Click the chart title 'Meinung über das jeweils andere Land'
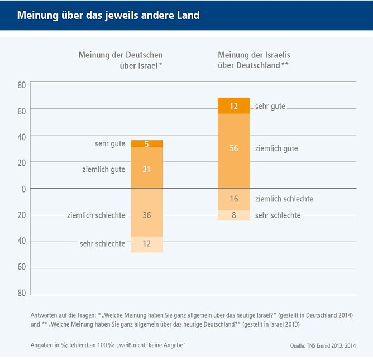(108, 15)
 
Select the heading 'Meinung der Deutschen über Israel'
(121, 60)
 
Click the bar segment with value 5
(147, 143)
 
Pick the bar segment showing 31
(147, 169)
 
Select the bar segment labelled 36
(147, 215)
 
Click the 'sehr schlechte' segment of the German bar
(147, 244)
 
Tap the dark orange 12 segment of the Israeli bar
(234, 105)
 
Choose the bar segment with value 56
(234, 148)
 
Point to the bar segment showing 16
(234, 199)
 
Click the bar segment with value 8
(234, 215)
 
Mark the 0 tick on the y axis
(23, 189)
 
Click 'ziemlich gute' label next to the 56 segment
(276, 148)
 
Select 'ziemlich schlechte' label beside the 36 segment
(96, 215)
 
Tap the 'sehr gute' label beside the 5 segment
(110, 144)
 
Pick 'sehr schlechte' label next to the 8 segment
(278, 215)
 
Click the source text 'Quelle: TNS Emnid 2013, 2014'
(322, 346)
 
